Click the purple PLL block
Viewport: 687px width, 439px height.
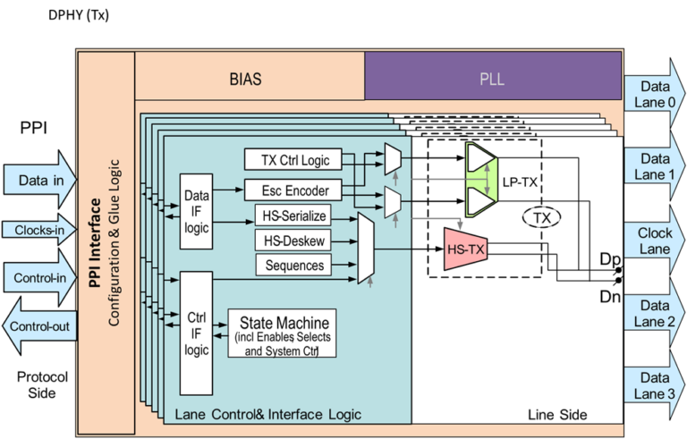492,76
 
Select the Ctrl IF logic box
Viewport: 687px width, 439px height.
196,333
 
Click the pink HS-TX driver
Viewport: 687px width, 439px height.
465,249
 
